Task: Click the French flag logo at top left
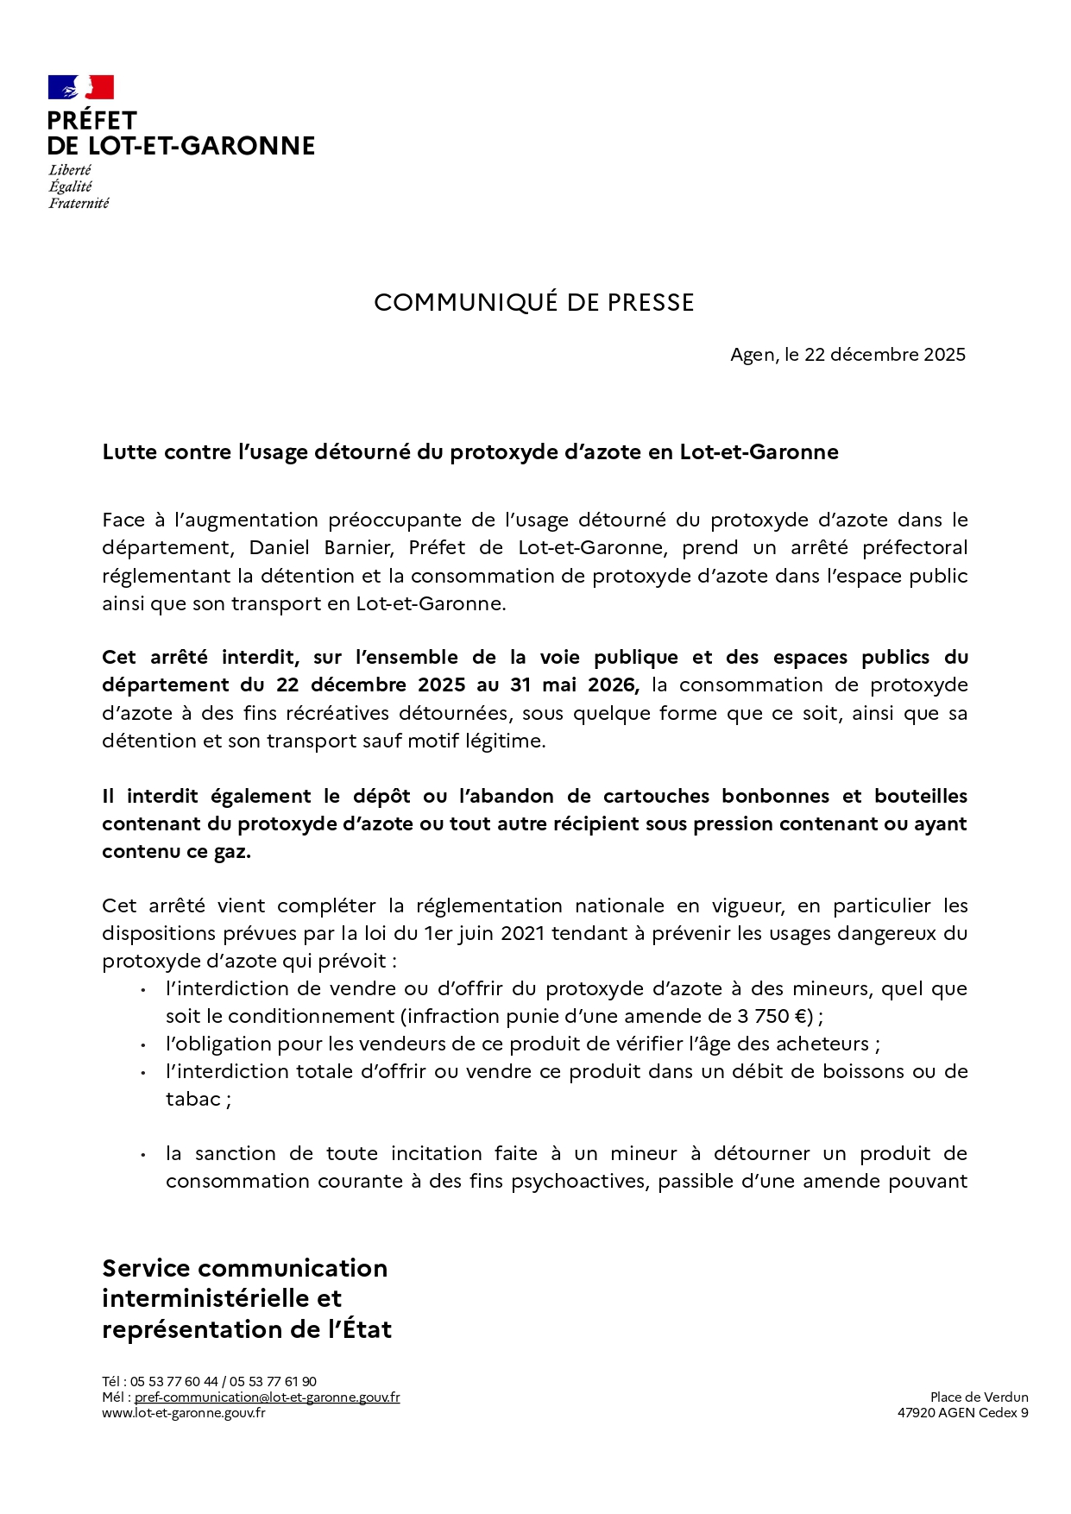click(80, 87)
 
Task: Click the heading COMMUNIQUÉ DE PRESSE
click(533, 303)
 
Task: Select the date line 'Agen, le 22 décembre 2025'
click(847, 355)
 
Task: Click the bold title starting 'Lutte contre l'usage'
click(470, 452)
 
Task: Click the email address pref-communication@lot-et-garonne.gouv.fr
click(267, 1397)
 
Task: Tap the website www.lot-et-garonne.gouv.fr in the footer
click(184, 1413)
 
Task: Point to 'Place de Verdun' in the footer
click(979, 1397)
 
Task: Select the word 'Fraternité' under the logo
click(79, 204)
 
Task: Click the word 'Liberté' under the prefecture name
click(70, 171)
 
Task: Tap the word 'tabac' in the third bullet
click(192, 1099)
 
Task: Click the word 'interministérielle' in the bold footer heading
click(222, 1298)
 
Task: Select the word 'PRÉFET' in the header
click(92, 121)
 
